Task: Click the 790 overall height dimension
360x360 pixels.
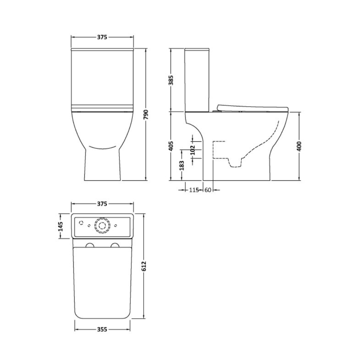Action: click(x=146, y=115)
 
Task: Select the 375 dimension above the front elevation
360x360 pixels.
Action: click(x=102, y=37)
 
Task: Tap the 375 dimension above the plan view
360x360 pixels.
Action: click(x=102, y=204)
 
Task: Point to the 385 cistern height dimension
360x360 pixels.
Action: click(x=171, y=80)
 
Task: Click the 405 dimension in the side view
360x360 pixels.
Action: click(x=171, y=146)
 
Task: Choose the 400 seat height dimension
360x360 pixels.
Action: click(x=299, y=146)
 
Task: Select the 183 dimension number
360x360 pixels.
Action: click(x=182, y=165)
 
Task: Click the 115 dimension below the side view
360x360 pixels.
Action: click(x=194, y=190)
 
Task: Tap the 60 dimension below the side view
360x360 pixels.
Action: click(x=207, y=190)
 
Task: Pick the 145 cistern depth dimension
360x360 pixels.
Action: click(x=60, y=226)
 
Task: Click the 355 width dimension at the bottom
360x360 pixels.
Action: click(x=102, y=329)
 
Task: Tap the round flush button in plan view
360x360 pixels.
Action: click(x=102, y=226)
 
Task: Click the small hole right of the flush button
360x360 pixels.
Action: click(x=115, y=226)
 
